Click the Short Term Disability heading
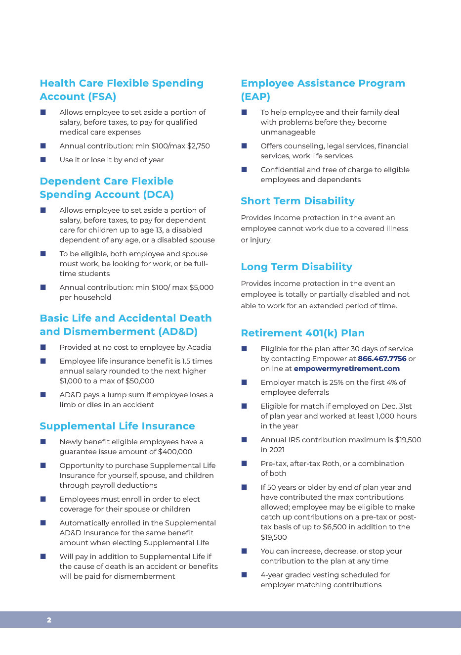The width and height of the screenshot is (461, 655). [297, 201]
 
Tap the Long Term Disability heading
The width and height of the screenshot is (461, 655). [296, 267]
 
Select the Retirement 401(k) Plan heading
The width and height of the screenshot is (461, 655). [302, 333]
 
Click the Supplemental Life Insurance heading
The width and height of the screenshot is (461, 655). [117, 426]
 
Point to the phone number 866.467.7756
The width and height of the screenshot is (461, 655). [382, 359]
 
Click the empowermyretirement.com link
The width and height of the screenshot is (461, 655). [346, 369]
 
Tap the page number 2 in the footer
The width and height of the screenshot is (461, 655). [49, 620]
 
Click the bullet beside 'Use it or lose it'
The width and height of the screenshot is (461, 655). [43, 159]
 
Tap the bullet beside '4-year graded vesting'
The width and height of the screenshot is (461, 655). [244, 574]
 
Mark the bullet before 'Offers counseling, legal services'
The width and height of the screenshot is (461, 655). [244, 145]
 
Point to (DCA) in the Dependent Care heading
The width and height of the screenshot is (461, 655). [158, 194]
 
